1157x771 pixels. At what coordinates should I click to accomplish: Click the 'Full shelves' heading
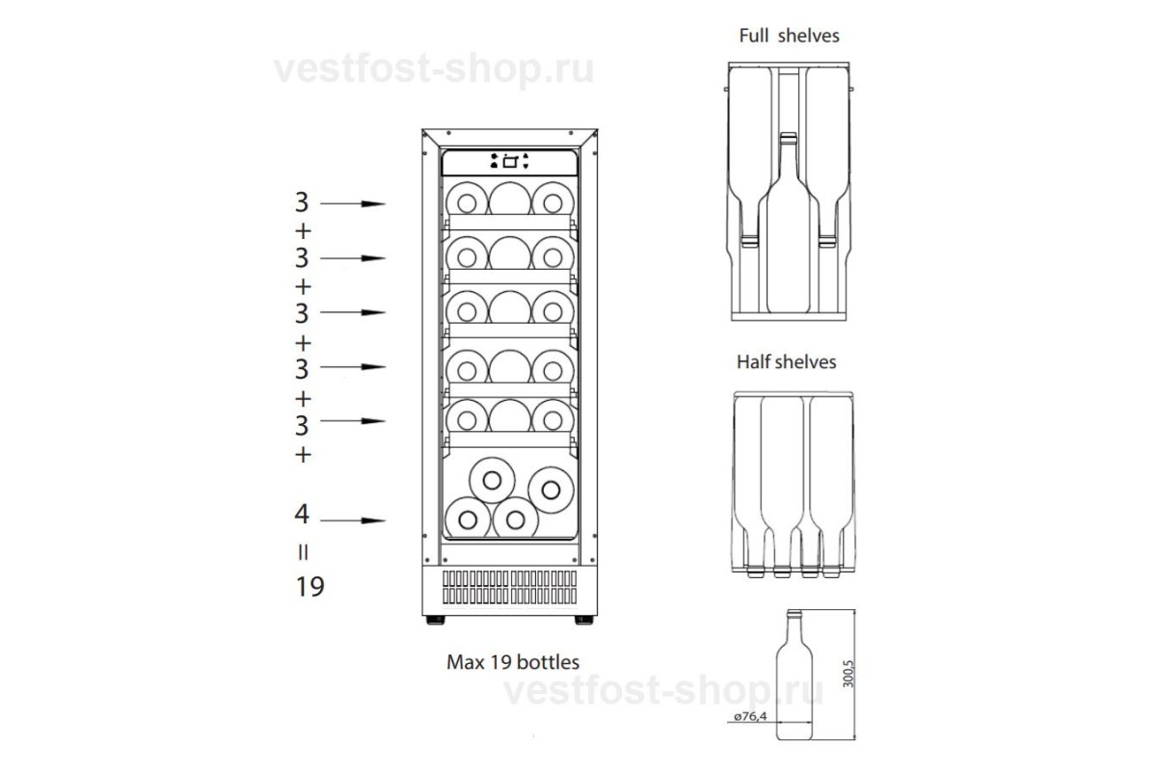pyautogui.click(x=789, y=36)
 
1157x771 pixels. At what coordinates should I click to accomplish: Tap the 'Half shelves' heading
pyautogui.click(x=786, y=362)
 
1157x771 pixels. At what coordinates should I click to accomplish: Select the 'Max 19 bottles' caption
pyautogui.click(x=513, y=662)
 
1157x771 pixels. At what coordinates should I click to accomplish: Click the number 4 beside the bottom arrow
pyautogui.click(x=302, y=514)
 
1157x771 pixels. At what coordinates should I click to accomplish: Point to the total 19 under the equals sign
pyautogui.click(x=309, y=587)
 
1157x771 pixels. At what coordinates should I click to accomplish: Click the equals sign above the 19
pyautogui.click(x=303, y=552)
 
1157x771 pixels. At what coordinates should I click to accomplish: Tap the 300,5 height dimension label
pyautogui.click(x=848, y=674)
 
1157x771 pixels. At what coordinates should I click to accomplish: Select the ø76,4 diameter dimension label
pyautogui.click(x=750, y=716)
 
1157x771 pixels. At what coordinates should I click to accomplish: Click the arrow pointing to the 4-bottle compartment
pyautogui.click(x=353, y=520)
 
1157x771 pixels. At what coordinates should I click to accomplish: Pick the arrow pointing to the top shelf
pyautogui.click(x=353, y=203)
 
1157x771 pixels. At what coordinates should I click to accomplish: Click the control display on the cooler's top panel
pyautogui.click(x=510, y=162)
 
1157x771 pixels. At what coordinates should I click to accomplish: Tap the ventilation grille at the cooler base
pyautogui.click(x=510, y=587)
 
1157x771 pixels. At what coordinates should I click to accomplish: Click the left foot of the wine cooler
pyautogui.click(x=436, y=620)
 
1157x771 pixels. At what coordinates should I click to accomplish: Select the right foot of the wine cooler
pyautogui.click(x=583, y=620)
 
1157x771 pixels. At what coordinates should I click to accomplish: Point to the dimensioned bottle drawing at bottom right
pyautogui.click(x=794, y=675)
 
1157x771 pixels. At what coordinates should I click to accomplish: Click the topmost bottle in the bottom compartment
pyautogui.click(x=492, y=480)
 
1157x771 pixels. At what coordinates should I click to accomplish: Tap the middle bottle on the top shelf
pyautogui.click(x=510, y=199)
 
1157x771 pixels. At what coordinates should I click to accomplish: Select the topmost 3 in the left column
pyautogui.click(x=302, y=202)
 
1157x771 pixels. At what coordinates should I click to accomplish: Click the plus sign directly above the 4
pyautogui.click(x=303, y=455)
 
